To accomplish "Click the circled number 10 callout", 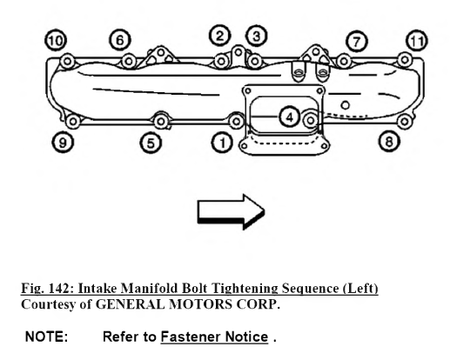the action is [56, 41].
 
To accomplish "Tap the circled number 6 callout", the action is [120, 40].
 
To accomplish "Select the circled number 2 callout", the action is [220, 36].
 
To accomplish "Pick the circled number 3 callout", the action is [257, 37].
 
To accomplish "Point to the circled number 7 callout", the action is [357, 42].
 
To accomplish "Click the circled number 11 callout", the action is [417, 41].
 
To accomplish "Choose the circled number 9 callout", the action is [63, 143].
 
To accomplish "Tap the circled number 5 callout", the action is [151, 143].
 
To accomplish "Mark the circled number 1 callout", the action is [222, 143].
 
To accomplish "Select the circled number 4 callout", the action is [289, 117].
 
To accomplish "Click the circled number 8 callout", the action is [389, 142].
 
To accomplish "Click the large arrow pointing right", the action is [232, 212].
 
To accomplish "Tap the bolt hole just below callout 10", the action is [68, 62].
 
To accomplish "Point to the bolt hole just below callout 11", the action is [405, 60].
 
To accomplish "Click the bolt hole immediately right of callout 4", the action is [311, 120].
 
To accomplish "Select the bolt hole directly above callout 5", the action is [160, 122].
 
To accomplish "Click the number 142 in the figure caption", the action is [57, 289].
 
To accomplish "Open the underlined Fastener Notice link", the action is [214, 337].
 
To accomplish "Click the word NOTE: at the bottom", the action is [47, 337].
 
